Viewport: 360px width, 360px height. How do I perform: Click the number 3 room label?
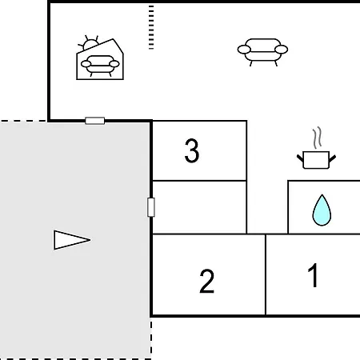point(192,150)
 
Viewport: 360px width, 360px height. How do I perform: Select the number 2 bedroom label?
point(206,281)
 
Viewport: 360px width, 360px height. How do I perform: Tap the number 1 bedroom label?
point(313,275)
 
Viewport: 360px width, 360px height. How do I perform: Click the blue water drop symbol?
point(322,210)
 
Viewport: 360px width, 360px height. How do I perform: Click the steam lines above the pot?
point(317,138)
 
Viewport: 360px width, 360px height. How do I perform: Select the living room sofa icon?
point(262,52)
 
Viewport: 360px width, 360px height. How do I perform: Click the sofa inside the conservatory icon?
point(100,66)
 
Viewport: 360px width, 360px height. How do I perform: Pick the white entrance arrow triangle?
point(72,240)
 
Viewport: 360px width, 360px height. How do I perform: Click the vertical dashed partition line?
point(151,27)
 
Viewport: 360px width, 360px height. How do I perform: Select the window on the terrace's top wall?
point(95,121)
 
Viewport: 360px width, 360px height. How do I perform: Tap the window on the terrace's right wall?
point(151,207)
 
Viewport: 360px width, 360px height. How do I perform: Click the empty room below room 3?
point(199,207)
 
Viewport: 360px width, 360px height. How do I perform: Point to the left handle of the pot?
point(300,158)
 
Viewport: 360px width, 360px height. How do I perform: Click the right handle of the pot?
point(332,158)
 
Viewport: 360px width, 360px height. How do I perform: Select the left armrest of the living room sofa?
point(244,50)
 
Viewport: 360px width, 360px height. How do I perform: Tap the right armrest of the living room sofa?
point(282,50)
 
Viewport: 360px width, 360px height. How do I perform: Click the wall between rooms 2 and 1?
point(266,274)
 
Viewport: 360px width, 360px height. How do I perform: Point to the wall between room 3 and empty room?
point(199,181)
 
